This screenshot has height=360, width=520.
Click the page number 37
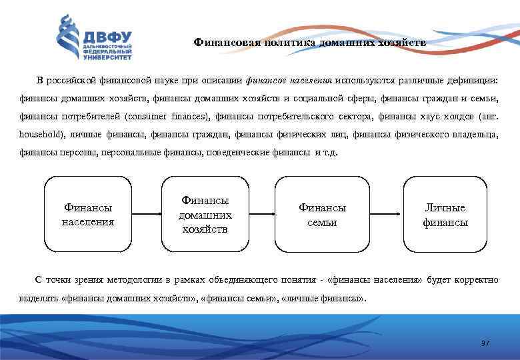tap(485, 343)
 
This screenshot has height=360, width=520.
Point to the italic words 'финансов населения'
tap(289, 81)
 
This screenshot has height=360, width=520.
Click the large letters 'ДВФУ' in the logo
tap(107, 35)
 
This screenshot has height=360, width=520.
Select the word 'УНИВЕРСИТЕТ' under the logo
tap(107, 57)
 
